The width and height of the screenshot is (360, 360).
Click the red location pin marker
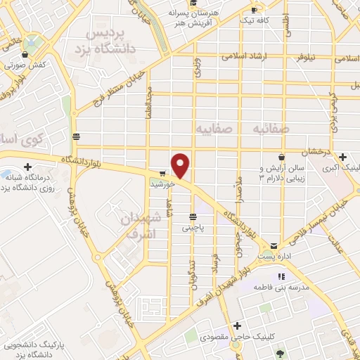point(181,165)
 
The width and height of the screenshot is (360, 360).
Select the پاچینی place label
point(192,228)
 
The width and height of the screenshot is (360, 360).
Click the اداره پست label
point(274,257)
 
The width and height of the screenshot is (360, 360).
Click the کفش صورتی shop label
point(28,65)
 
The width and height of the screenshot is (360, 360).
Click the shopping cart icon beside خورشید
point(162,173)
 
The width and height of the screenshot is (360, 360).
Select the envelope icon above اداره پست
point(274,247)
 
